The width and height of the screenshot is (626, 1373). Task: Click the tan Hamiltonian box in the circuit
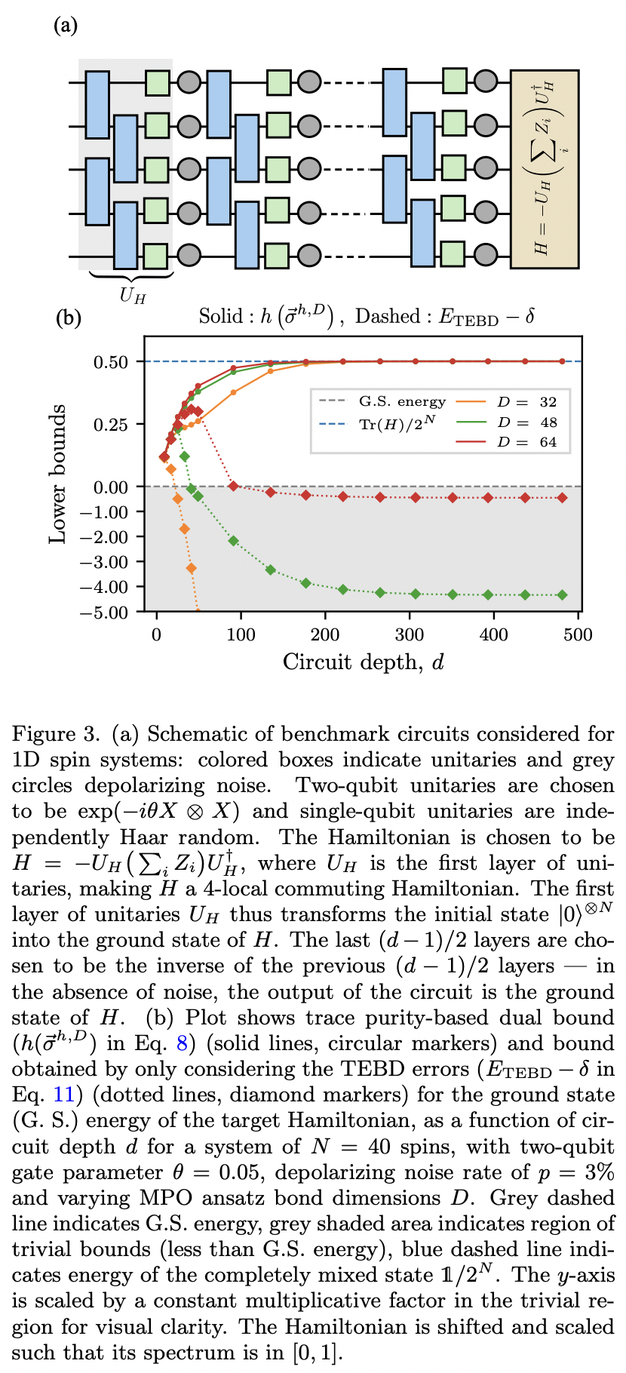[x=545, y=168]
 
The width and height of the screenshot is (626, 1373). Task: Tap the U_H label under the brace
[x=133, y=295]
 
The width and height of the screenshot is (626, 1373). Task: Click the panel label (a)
[x=66, y=26]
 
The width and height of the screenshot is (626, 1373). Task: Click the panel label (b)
[x=69, y=318]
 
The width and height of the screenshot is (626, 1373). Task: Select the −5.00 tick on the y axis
[x=107, y=612]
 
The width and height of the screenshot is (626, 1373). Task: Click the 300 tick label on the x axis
[x=410, y=634]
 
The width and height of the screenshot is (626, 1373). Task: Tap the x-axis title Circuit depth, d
[x=364, y=662]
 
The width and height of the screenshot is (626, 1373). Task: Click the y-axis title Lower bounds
[x=58, y=474]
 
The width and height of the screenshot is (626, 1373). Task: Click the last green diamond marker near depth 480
[x=562, y=595]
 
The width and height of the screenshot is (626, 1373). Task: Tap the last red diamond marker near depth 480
[x=562, y=498]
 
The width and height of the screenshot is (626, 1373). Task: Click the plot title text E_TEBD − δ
[x=486, y=317]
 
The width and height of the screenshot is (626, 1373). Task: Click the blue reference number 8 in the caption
[x=182, y=1043]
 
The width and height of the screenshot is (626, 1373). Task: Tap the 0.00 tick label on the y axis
[x=110, y=487]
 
